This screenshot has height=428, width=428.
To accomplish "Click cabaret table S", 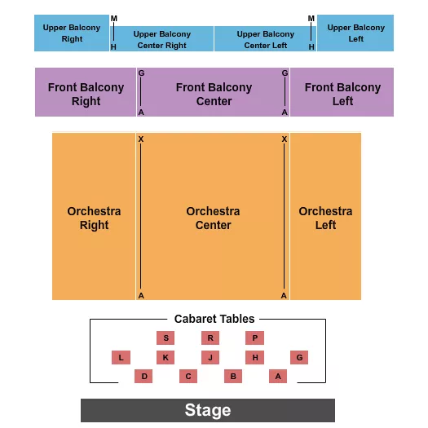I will [165, 338].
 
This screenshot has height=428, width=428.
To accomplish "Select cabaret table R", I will [210, 338].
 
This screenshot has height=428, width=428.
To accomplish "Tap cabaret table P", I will [254, 338].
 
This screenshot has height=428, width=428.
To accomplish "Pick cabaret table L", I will [121, 357].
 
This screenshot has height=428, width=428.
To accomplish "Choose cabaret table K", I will [165, 357].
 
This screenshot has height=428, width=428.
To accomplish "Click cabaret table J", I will [210, 357].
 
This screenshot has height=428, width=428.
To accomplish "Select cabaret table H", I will [254, 357].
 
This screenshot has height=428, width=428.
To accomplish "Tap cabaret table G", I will [299, 357].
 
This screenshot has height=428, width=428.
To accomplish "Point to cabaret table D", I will [143, 376].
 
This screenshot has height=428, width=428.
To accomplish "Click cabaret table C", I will [188, 376].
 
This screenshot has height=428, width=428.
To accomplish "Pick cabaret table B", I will [233, 376].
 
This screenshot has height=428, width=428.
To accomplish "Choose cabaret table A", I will [278, 376].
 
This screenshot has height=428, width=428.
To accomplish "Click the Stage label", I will [208, 410].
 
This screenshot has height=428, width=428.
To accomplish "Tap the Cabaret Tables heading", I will [214, 319].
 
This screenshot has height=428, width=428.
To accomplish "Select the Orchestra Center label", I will [213, 218].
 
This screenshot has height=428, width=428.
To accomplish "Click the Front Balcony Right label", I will [86, 94].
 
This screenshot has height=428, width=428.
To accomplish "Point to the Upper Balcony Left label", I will [355, 33].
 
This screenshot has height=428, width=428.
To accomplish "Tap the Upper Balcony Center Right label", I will [162, 39].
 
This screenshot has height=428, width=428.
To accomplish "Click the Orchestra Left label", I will [325, 218].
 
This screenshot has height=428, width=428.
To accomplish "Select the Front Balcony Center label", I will [214, 94].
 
